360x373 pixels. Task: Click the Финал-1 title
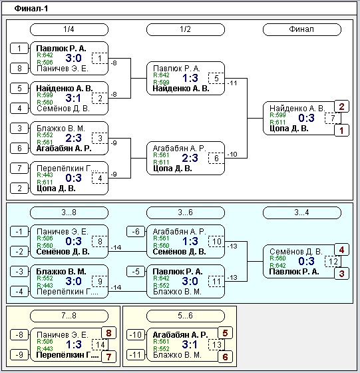[31, 9]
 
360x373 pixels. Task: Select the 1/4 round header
[69, 29]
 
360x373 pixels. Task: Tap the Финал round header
[302, 29]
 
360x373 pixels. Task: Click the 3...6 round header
[186, 212]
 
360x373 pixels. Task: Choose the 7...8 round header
[69, 316]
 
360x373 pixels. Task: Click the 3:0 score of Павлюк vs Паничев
[73, 58]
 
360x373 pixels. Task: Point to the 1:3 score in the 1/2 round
[190, 78]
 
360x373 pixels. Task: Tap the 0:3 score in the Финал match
[306, 118]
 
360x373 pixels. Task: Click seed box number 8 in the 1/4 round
[19, 69]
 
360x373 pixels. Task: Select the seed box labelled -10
[136, 335]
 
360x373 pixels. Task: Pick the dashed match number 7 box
[333, 119]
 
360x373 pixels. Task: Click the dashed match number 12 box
[333, 261]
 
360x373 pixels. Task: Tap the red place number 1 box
[342, 131]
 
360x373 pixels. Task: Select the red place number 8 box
[109, 333]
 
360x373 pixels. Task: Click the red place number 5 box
[226, 333]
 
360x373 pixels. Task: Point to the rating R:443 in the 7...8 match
[45, 349]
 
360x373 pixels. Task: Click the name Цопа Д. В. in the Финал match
[289, 129]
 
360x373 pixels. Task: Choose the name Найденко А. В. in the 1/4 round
[65, 89]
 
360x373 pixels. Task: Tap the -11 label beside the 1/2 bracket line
[232, 83]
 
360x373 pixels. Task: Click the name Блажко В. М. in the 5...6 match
[177, 355]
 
